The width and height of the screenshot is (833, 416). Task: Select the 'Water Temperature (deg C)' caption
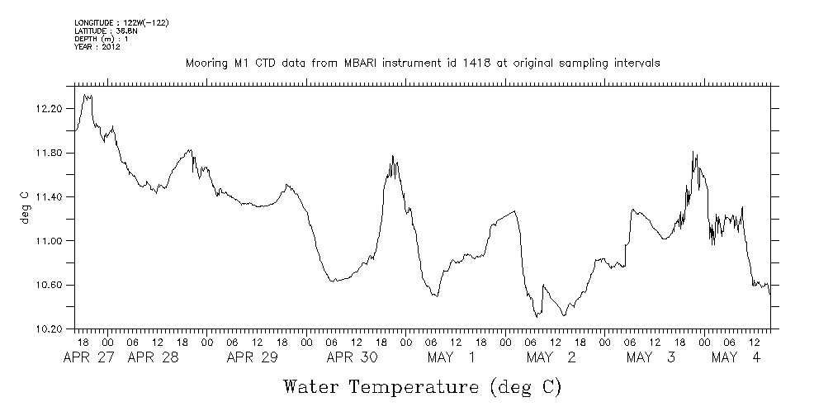pos(422,386)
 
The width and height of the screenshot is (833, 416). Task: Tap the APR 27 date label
pos(90,357)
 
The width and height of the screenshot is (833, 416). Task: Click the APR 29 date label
pos(253,357)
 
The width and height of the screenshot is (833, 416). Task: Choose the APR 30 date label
pos(353,357)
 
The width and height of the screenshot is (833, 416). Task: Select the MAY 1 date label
pos(452,357)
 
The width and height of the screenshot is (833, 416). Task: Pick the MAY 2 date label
pos(551,357)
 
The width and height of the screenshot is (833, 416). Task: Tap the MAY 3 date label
pos(651,357)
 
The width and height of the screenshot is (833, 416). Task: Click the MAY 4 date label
pos(736,357)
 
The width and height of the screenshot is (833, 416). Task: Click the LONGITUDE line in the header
pos(121,21)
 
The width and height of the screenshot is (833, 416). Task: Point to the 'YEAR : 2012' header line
pos(98,47)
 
